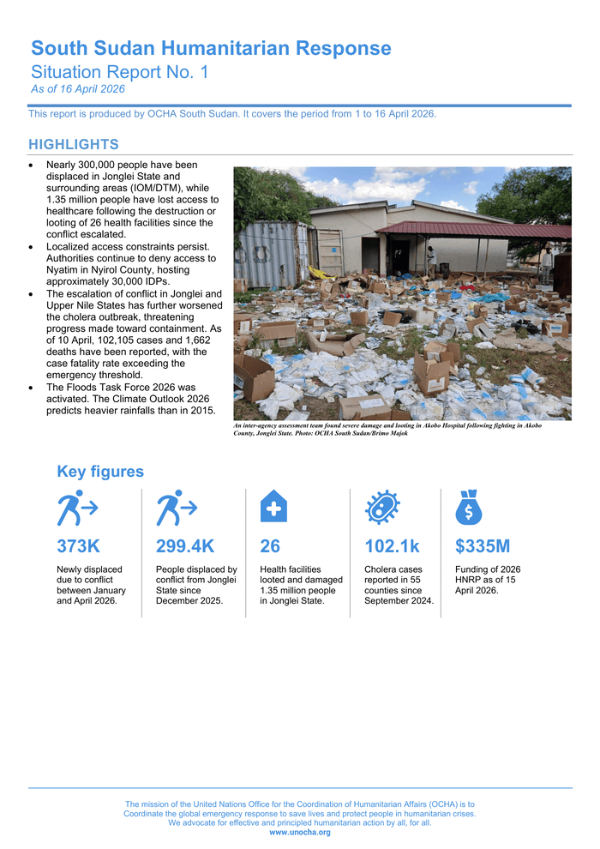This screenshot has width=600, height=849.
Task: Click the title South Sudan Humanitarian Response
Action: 211,49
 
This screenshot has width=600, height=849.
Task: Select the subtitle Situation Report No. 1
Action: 119,73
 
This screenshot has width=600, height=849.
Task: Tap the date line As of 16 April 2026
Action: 78,89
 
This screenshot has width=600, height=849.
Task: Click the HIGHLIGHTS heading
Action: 74,144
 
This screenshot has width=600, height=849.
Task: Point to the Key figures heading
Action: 100,472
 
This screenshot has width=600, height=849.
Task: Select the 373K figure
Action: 78,546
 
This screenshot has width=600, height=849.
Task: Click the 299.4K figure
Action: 185,546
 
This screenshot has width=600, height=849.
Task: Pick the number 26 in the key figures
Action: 270,546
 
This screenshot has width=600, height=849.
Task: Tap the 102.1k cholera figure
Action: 393,546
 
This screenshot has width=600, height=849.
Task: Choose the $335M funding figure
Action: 483,546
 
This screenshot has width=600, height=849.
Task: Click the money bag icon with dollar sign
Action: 469,507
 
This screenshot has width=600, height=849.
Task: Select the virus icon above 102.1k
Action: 381,508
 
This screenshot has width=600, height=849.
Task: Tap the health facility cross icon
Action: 273,507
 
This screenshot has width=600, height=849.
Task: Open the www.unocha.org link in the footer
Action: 300,833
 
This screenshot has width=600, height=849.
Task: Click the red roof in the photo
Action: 472,230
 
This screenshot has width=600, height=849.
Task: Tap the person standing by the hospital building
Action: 432,257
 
